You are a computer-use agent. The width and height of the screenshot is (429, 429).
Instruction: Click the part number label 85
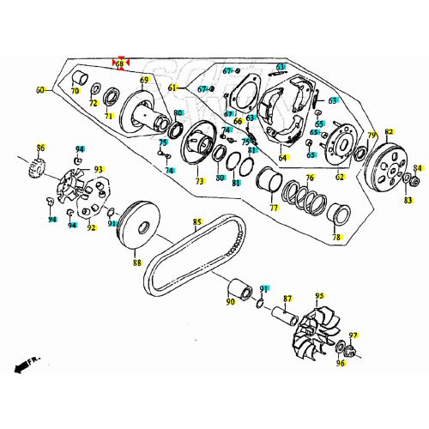coord(197,222)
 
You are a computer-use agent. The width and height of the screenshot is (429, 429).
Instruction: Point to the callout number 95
coord(319,296)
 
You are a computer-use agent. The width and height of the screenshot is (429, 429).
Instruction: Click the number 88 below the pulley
coord(136,263)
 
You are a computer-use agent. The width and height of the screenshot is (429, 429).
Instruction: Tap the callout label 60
coord(39,89)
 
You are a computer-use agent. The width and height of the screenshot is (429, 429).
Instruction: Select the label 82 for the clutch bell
coord(389,132)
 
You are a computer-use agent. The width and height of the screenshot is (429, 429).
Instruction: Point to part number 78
coord(336,237)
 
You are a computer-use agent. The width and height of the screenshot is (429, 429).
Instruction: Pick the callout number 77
coord(274,208)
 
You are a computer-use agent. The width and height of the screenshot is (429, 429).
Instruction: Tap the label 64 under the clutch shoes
coord(282,157)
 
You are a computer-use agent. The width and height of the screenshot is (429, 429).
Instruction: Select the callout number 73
coord(199,182)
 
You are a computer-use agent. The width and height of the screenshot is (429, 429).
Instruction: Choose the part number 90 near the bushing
coord(230,301)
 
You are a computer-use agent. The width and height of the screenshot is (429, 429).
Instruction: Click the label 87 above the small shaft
coord(287,298)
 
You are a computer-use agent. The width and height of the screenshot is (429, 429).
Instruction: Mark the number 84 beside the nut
coord(418,167)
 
